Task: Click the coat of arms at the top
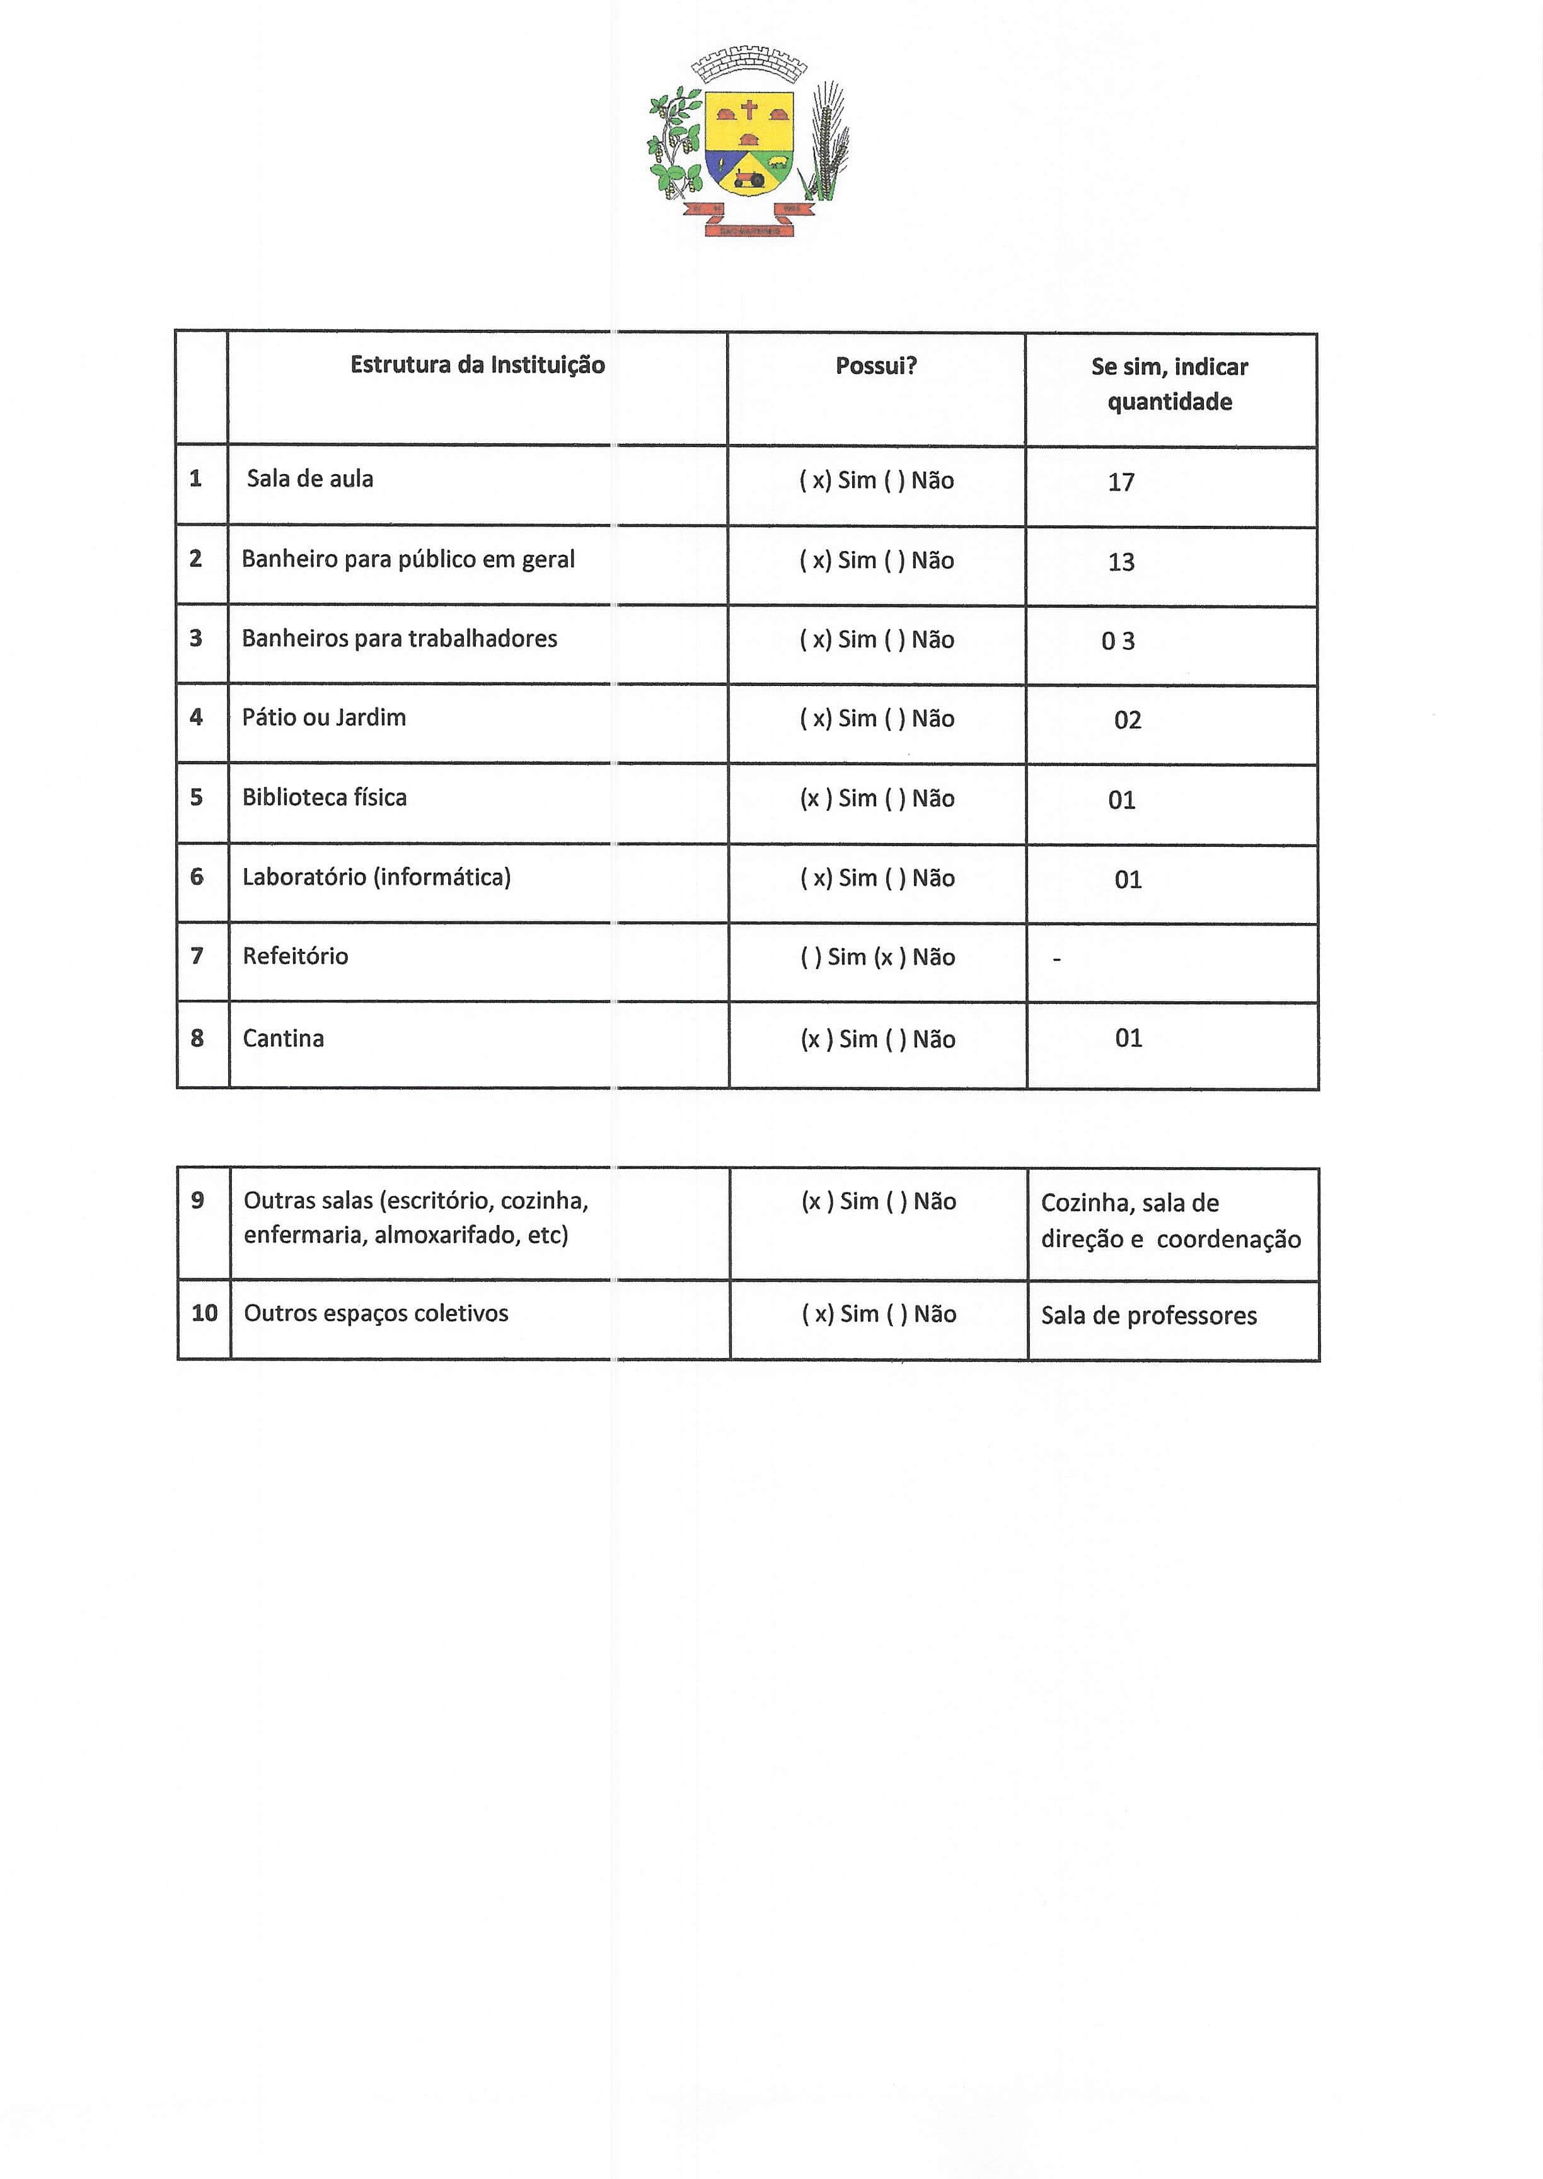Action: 749,141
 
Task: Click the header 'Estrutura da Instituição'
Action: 477,365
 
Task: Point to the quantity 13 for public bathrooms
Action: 1121,562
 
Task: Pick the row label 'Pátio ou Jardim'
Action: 324,718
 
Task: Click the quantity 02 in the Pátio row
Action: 1128,720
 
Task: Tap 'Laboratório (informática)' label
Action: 376,877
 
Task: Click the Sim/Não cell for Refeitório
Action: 877,957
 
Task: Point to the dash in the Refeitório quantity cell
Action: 1056,960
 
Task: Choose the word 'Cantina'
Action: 283,1038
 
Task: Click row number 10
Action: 204,1313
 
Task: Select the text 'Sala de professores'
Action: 1148,1316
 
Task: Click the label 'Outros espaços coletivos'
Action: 376,1313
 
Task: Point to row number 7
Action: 197,956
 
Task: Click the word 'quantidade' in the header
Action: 1170,402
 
